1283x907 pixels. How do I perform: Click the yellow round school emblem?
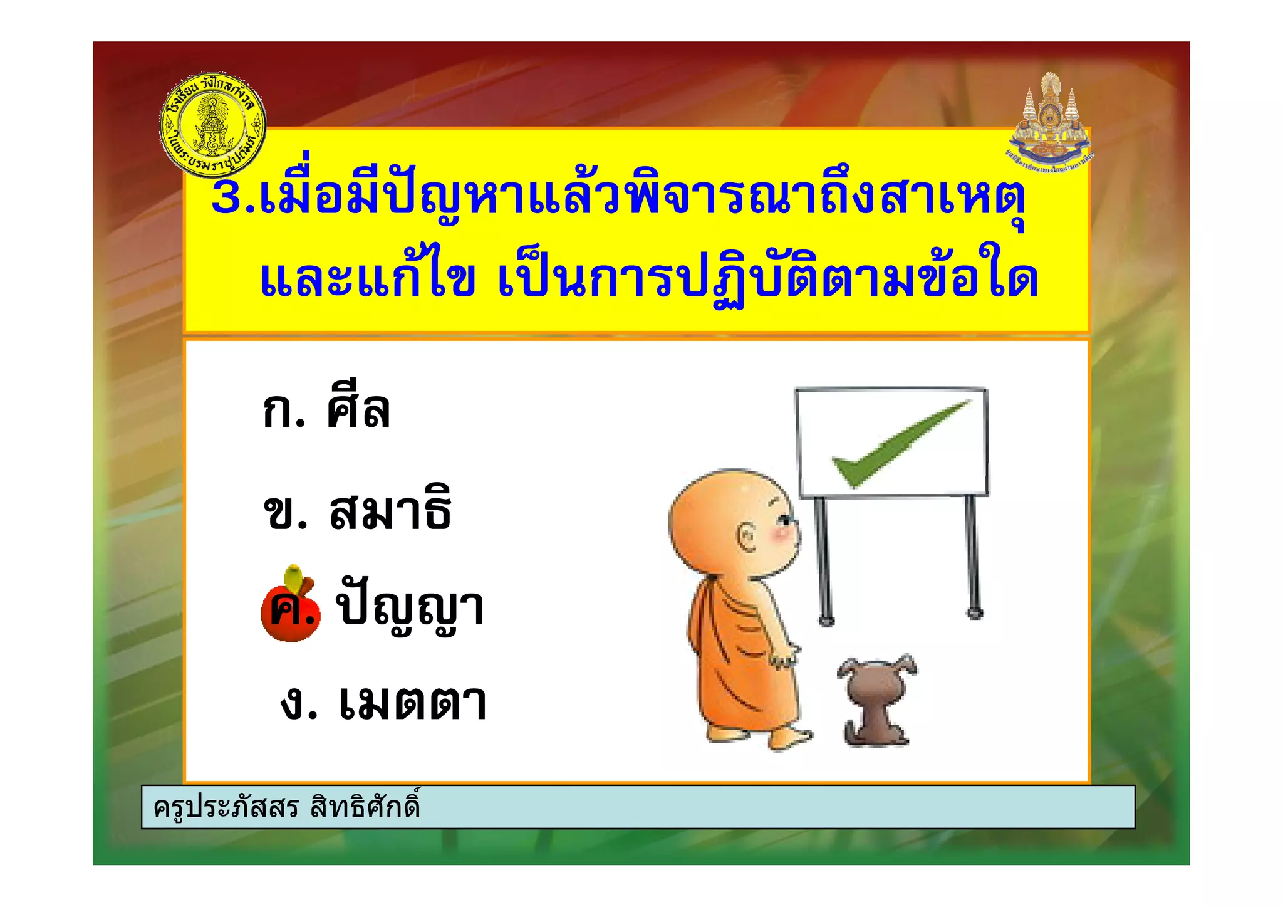[213, 123]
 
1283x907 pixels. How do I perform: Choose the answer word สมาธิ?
[390, 510]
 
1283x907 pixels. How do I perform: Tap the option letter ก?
[283, 412]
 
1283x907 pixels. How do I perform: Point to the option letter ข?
[284, 512]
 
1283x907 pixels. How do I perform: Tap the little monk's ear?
[747, 537]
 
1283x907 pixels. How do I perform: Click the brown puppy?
[876, 700]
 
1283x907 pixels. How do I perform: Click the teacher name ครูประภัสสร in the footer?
[226, 807]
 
